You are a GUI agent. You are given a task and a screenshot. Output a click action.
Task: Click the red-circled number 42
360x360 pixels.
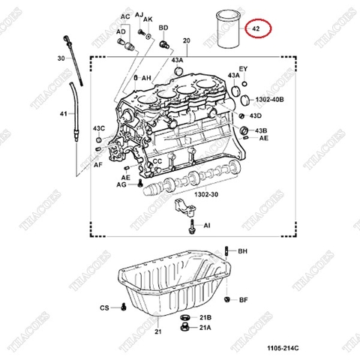click(256, 29)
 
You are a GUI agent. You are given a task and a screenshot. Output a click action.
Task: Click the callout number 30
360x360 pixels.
click(61, 58)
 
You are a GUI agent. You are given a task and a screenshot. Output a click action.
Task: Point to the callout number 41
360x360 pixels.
click(62, 114)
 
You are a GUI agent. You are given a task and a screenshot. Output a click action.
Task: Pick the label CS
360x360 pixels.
click(104, 307)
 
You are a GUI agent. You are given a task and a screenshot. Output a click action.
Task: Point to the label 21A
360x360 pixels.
click(205, 328)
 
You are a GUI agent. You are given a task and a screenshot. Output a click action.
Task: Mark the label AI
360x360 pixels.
click(206, 224)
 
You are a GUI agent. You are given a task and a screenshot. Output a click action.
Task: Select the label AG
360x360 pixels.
click(121, 183)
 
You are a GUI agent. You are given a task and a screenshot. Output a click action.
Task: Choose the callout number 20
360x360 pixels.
click(186, 38)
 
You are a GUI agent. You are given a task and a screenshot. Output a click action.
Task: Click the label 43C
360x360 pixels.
click(100, 130)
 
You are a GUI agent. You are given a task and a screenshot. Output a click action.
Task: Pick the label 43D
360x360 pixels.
click(256, 115)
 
